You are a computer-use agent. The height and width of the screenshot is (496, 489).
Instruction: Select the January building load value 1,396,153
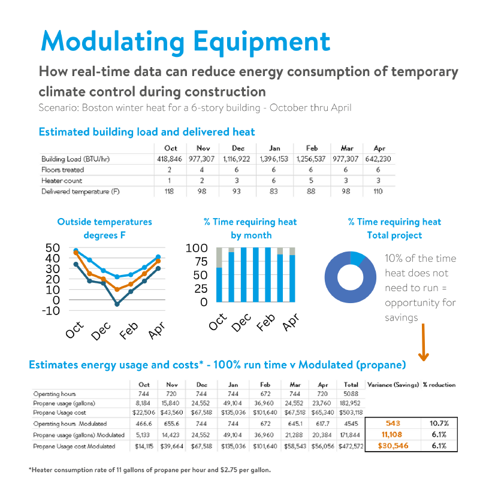pyautogui.click(x=274, y=159)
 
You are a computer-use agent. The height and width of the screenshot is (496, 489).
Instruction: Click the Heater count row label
pyautogui.click(x=62, y=181)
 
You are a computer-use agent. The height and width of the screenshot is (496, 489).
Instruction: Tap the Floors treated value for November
pyautogui.click(x=204, y=170)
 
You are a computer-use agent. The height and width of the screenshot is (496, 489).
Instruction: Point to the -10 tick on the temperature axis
pyautogui.click(x=52, y=310)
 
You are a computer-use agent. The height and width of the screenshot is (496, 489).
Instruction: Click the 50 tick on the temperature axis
pyautogui.click(x=53, y=248)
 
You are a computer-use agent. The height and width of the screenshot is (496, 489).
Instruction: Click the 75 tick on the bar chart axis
pyautogui.click(x=199, y=262)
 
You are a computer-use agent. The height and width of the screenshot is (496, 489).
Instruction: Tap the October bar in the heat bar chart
pyautogui.click(x=219, y=285)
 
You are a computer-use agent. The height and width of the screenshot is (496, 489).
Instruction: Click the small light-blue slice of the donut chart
pyautogui.click(x=358, y=258)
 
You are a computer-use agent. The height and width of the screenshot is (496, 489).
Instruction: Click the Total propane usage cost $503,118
pyautogui.click(x=351, y=413)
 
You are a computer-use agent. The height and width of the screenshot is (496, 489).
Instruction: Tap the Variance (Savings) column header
pyautogui.click(x=393, y=385)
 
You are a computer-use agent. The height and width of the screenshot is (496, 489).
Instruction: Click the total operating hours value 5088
pyautogui.click(x=351, y=394)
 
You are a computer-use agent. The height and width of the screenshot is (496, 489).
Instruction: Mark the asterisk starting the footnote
pyautogui.click(x=30, y=470)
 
